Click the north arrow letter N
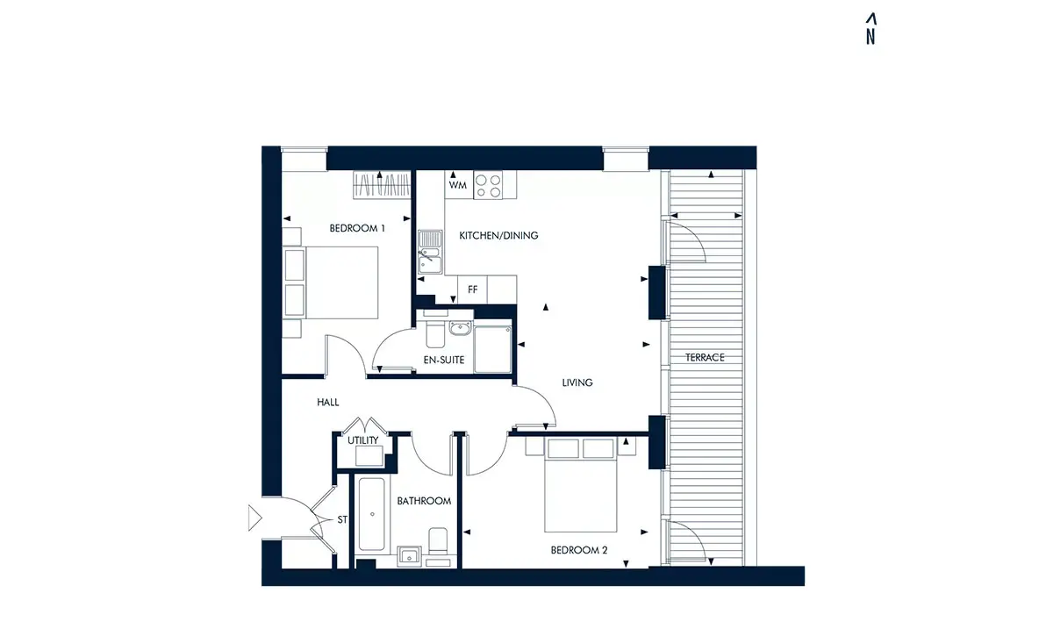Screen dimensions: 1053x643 click(870, 37)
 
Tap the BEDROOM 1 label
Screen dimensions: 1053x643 click(357, 228)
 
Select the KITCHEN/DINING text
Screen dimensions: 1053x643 click(498, 235)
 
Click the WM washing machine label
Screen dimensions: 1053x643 click(457, 185)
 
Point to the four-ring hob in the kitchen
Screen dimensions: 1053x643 click(488, 185)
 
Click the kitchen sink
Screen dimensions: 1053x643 click(430, 252)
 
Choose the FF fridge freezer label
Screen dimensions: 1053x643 click(472, 289)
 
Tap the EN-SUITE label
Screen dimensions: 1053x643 click(444, 360)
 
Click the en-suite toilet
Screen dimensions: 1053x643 click(435, 331)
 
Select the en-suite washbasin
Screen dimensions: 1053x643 click(460, 328)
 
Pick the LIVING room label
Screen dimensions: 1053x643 click(577, 382)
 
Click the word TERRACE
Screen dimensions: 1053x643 click(705, 358)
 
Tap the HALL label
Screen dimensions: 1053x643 click(327, 403)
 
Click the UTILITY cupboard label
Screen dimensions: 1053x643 click(363, 440)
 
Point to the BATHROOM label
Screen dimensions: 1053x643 click(424, 501)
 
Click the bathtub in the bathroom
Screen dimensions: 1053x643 click(372, 514)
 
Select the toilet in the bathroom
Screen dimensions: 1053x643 click(438, 540)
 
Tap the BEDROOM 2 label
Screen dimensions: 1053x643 click(579, 550)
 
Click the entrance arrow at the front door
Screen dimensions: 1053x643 click(254, 518)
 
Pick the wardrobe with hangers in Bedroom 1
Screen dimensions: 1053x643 click(382, 184)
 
